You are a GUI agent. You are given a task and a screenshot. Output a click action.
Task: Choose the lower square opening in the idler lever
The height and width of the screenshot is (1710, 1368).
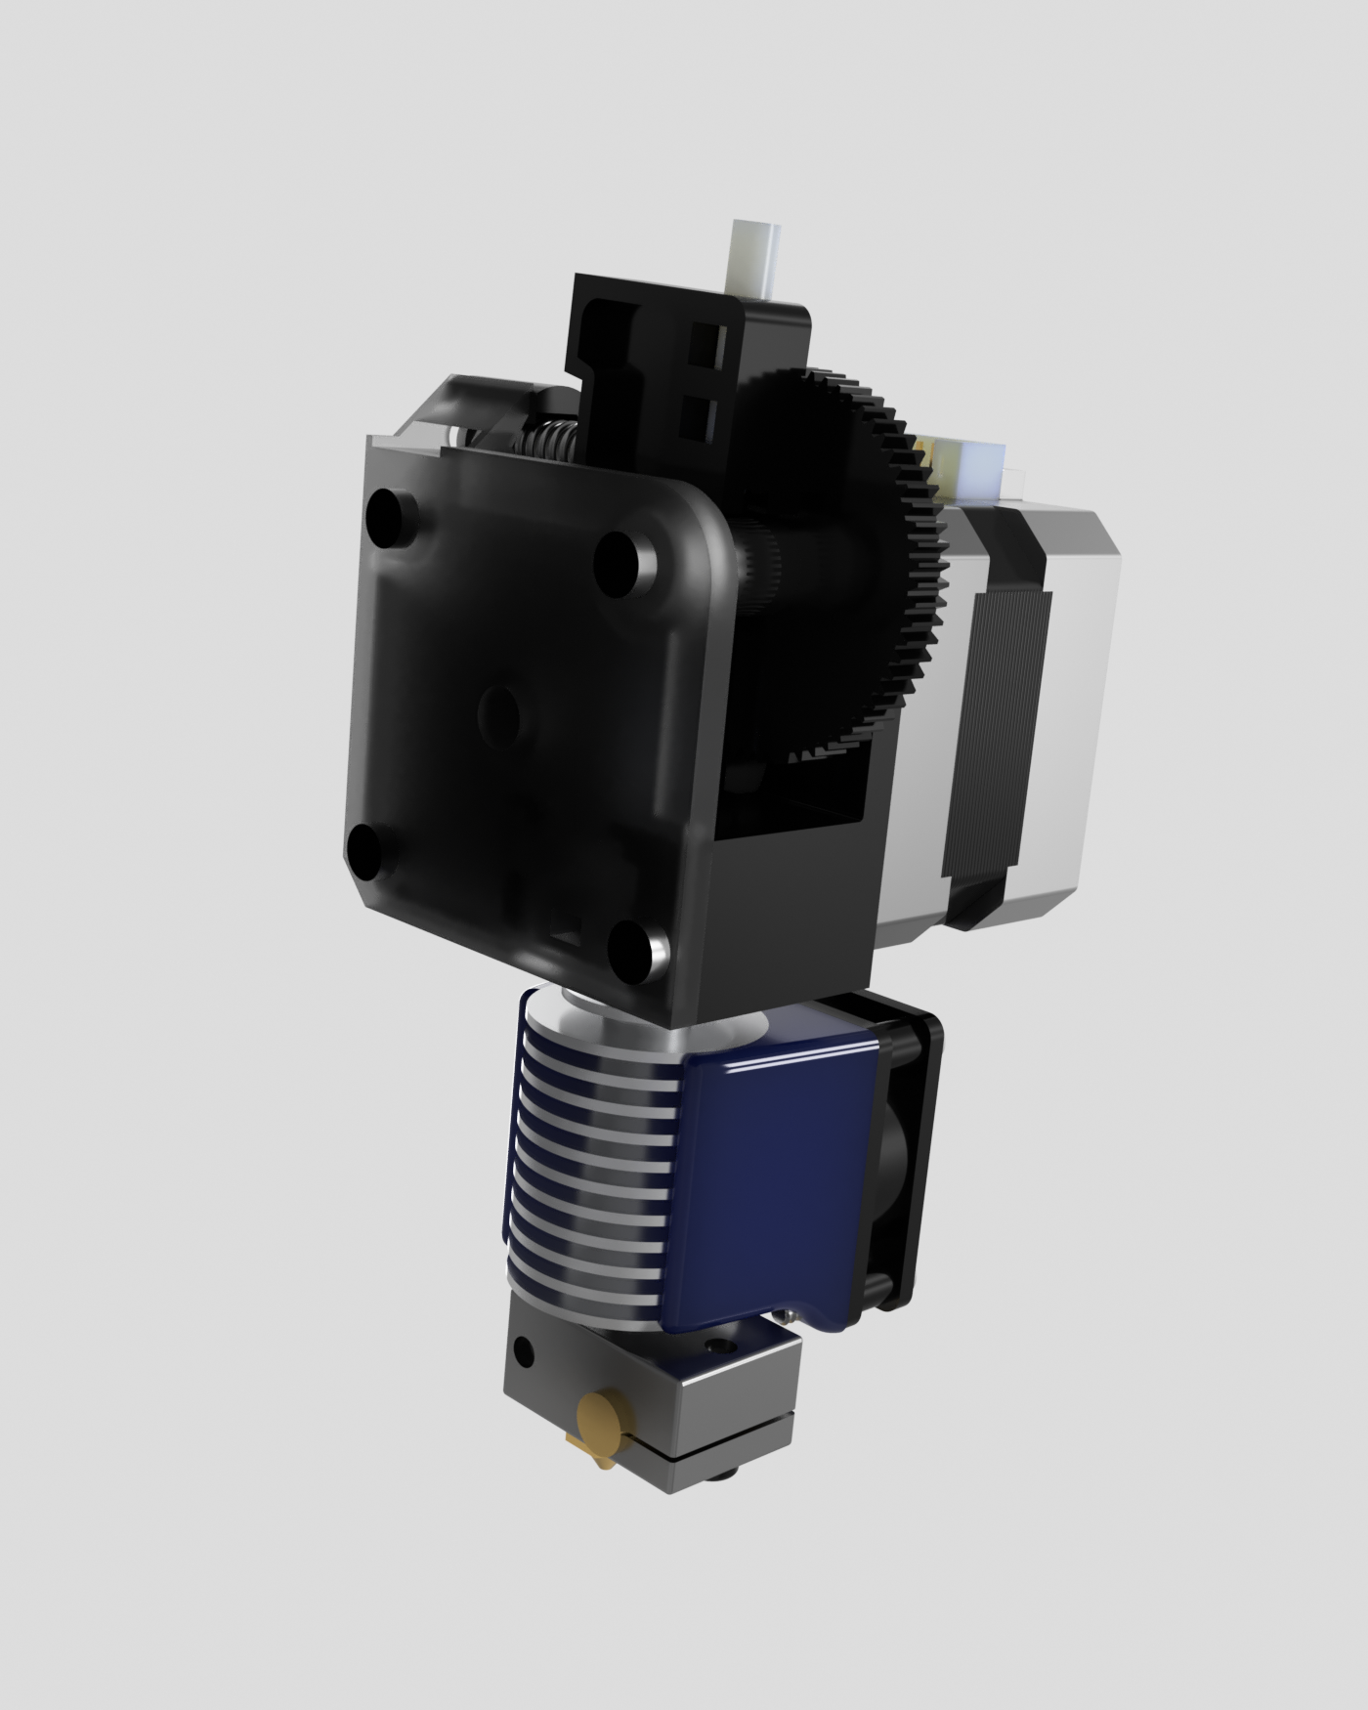click(705, 414)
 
